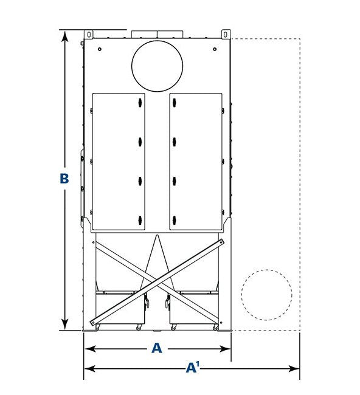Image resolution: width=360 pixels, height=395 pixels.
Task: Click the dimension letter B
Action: tap(64, 178)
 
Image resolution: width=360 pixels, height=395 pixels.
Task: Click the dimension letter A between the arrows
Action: tap(156, 348)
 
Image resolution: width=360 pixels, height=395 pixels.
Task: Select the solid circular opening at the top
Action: tap(157, 66)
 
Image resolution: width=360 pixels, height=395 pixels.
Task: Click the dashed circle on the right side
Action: tap(267, 295)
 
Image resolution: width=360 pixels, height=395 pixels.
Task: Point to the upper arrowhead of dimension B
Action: tap(65, 36)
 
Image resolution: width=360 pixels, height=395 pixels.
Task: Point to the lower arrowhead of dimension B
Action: tap(65, 324)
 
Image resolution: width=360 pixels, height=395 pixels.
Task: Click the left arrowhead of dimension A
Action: tap(90, 349)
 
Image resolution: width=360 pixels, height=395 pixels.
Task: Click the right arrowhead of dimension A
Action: tap(225, 349)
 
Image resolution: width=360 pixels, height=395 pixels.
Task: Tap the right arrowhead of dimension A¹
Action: tap(294, 369)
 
